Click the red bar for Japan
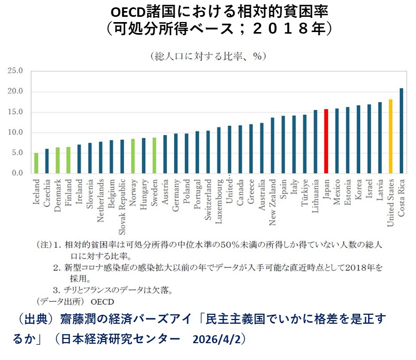(x=326, y=141)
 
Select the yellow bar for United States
(x=390, y=136)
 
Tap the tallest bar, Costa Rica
(x=401, y=131)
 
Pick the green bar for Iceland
(x=36, y=163)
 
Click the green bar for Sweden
(x=154, y=156)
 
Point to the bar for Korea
(x=358, y=139)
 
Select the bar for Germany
(x=176, y=153)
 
